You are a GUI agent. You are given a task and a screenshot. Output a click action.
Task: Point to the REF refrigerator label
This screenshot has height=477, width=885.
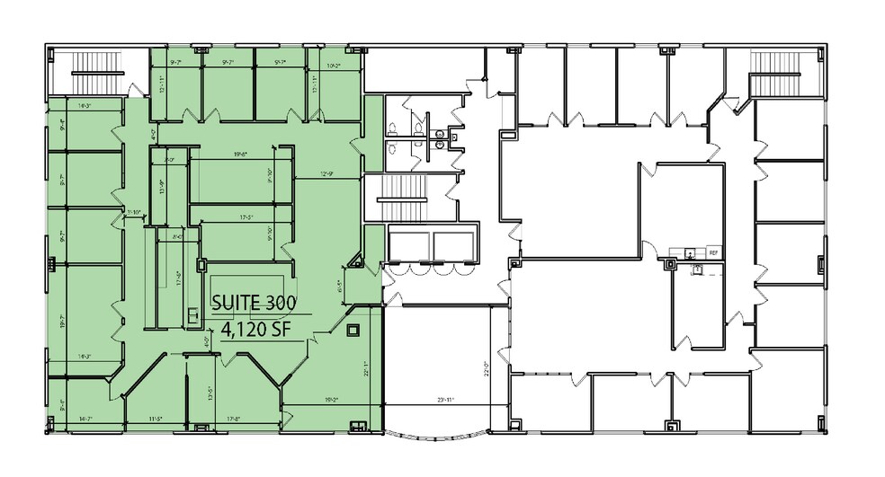click(713, 253)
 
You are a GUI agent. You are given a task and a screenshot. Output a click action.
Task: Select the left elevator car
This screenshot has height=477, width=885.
click(409, 244)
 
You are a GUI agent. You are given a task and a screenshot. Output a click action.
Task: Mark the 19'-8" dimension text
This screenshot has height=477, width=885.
click(239, 155)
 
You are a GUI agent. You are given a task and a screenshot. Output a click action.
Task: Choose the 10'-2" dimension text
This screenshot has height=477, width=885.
click(334, 65)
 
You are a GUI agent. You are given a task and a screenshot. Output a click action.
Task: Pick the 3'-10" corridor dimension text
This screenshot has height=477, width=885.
click(135, 213)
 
